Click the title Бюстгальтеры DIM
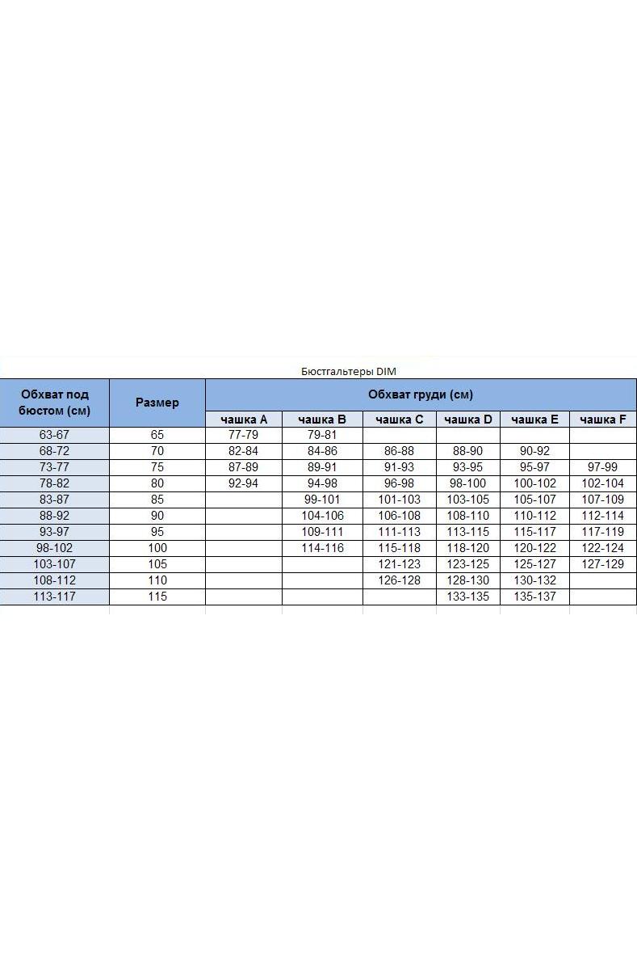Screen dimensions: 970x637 pyautogui.click(x=349, y=371)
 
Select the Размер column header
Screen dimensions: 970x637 pyautogui.click(x=157, y=403)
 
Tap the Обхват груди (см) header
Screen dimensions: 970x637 pyautogui.click(x=420, y=394)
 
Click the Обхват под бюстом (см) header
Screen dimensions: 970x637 pyautogui.click(x=54, y=403)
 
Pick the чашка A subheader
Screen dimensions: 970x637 pyautogui.click(x=243, y=420)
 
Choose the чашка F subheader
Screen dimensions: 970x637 pyautogui.click(x=602, y=420)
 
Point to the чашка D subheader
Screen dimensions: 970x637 pyautogui.click(x=467, y=420)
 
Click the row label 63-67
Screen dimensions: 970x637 pyautogui.click(x=54, y=435)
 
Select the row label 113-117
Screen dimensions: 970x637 pyautogui.click(x=54, y=597)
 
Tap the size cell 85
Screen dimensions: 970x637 pyautogui.click(x=157, y=500)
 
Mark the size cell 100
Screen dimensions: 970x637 pyautogui.click(x=157, y=548)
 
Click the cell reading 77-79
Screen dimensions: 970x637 pyautogui.click(x=243, y=435)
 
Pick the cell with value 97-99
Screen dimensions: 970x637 pyautogui.click(x=602, y=467)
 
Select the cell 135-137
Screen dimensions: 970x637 pyautogui.click(x=534, y=597)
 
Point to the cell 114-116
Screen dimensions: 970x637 pyautogui.click(x=322, y=548)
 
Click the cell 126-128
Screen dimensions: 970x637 pyautogui.click(x=399, y=580)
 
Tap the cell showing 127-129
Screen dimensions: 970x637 pyautogui.click(x=602, y=564)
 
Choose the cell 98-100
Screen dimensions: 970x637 pyautogui.click(x=467, y=483)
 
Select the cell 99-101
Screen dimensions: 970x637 pyautogui.click(x=322, y=500)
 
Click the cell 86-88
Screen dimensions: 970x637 pyautogui.click(x=399, y=451)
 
